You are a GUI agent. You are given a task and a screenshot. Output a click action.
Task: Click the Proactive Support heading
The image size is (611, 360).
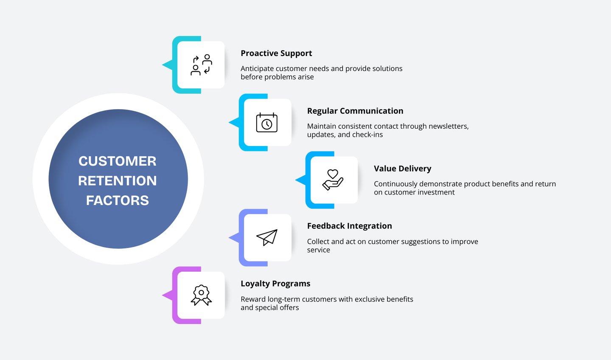[276, 53]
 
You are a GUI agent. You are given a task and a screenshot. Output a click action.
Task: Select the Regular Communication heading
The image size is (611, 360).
[355, 111]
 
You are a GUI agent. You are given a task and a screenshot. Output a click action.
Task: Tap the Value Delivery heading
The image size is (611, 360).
[402, 169]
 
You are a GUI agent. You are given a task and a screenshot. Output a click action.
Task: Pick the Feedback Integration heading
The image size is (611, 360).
[349, 226]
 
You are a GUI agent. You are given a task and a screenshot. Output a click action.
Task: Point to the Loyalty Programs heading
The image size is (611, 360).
[275, 284]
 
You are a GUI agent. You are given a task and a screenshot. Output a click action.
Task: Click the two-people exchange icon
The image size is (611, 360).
[201, 65]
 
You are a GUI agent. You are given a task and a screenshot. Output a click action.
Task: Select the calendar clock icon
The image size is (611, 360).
[266, 123]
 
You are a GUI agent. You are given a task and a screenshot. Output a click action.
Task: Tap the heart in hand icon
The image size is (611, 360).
[333, 180]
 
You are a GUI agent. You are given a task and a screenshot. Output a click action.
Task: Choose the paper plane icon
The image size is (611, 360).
[266, 238]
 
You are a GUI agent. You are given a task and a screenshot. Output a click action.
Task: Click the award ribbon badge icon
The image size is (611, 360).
[201, 295]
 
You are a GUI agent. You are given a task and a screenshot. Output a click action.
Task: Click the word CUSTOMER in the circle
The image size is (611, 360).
[118, 161]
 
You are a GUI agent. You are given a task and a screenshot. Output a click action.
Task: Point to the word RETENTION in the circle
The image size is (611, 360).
[118, 181]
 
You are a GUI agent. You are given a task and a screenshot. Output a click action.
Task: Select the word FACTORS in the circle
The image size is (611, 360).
[118, 200]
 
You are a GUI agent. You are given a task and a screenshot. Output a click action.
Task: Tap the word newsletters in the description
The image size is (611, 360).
[448, 127]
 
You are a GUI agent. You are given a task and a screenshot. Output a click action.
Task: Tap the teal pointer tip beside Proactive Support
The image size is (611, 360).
[165, 65]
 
